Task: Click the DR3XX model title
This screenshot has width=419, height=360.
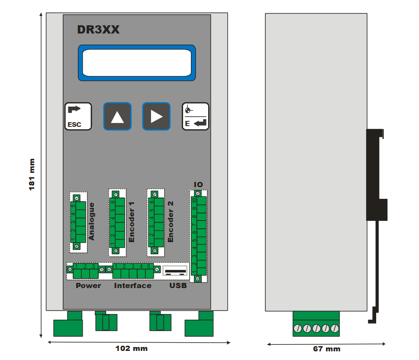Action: point(98,30)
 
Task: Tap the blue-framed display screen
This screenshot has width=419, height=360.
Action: point(137,63)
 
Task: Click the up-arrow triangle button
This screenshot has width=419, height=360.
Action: point(117,116)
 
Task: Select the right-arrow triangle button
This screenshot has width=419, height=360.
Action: point(156,116)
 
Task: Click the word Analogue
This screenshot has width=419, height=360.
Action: point(91,221)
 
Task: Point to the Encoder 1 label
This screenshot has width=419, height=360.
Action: point(132,221)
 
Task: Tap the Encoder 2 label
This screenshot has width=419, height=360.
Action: point(170,221)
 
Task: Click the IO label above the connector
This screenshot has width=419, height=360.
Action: point(198,185)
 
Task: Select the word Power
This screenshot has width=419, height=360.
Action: point(88,285)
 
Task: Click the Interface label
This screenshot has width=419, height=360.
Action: point(132,285)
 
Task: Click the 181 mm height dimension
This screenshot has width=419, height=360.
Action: point(32,175)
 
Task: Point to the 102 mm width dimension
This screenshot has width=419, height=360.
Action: point(131,348)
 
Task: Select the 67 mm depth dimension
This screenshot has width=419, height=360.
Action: point(326,349)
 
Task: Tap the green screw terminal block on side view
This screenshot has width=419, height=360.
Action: point(316,324)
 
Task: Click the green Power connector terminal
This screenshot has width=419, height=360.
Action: point(85,272)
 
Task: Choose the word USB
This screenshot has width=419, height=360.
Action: point(178,285)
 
